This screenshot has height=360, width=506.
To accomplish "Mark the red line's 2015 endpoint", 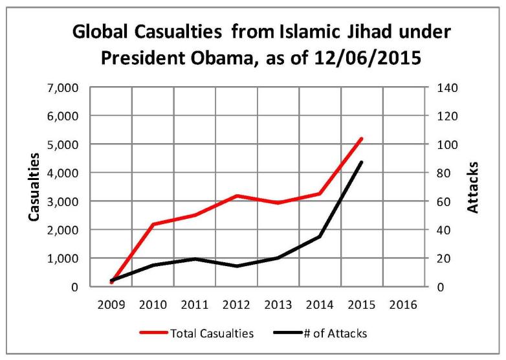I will (x=361, y=139).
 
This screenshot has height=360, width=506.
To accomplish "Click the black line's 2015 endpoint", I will (x=361, y=162).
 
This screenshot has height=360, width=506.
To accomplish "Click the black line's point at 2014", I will (x=320, y=236).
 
